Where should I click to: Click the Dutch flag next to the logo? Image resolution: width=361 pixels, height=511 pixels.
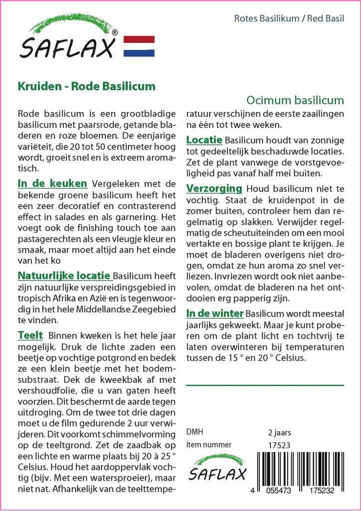pyautogui.click(x=139, y=46)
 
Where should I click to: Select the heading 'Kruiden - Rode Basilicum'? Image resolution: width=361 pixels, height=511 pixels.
pyautogui.click(x=87, y=86)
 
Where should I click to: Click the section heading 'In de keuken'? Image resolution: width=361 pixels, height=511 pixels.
pyautogui.click(x=52, y=183)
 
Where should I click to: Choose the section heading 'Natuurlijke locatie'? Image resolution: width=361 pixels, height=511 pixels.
pyautogui.click(x=65, y=275)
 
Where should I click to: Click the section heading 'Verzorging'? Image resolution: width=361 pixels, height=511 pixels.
pyautogui.click(x=214, y=189)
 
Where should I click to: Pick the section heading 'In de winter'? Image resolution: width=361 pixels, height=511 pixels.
pyautogui.click(x=215, y=313)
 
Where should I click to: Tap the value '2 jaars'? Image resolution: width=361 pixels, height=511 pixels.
pyautogui.click(x=279, y=433)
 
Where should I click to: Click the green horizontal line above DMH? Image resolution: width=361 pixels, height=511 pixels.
pyautogui.click(x=265, y=385)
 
